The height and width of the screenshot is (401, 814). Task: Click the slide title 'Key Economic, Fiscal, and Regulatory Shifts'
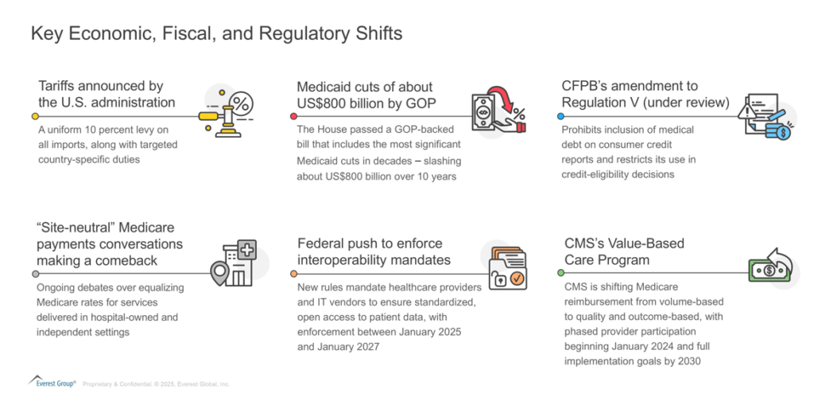point(216,33)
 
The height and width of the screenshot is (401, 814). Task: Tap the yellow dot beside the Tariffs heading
point(35,116)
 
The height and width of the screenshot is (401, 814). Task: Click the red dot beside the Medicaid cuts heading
point(294,116)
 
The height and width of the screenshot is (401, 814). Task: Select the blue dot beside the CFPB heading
point(560,116)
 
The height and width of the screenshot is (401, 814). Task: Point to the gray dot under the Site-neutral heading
point(35,274)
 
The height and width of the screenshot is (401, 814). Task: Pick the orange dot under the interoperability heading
point(294,274)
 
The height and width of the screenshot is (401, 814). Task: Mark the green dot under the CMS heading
point(560,272)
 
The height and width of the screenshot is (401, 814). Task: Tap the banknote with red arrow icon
point(498,112)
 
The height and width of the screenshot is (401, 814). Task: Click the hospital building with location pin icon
point(235,263)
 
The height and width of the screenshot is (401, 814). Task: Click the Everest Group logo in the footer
point(52,381)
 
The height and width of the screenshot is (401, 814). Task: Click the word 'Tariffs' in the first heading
point(56,86)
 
